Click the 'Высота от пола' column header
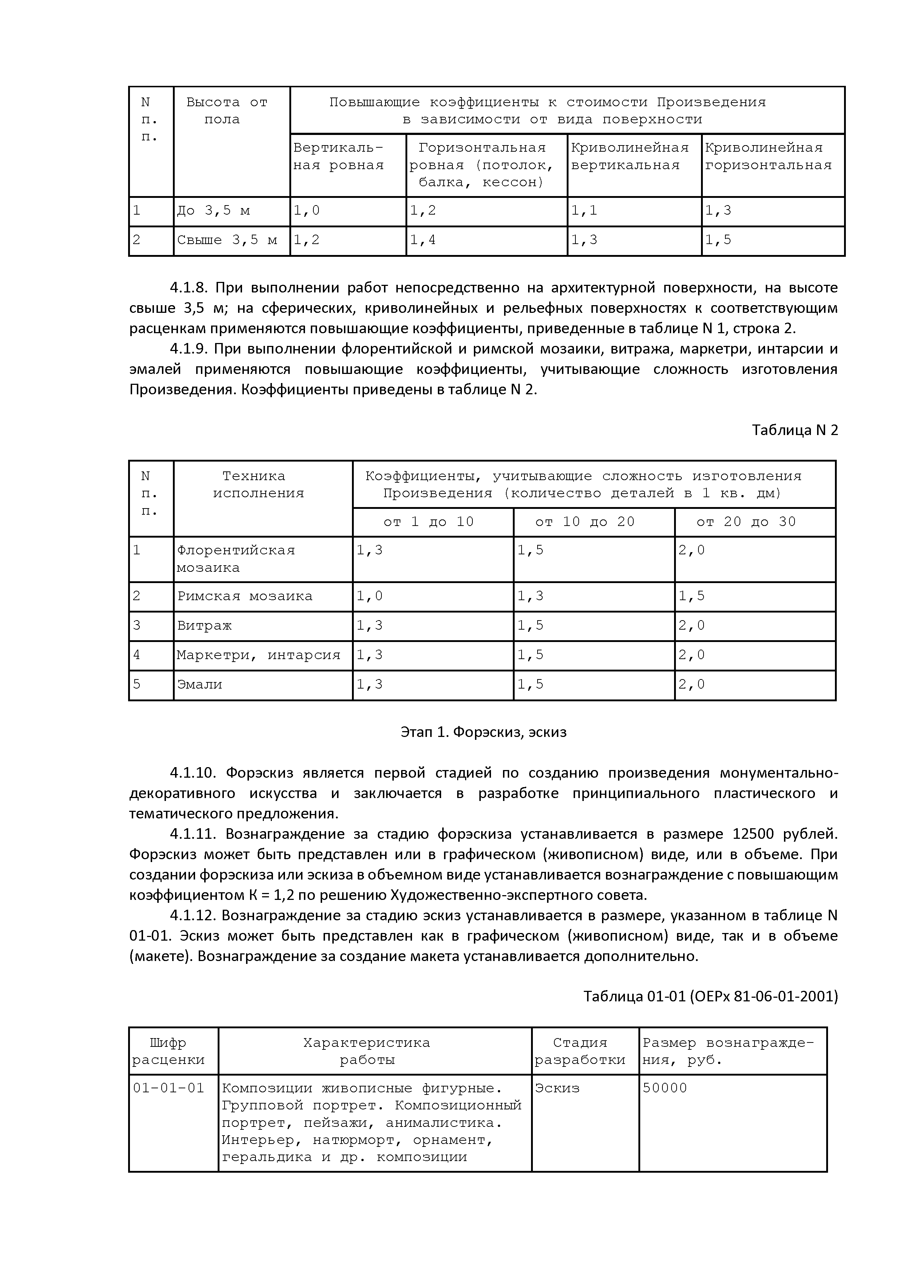(227, 111)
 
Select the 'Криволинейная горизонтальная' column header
(768, 157)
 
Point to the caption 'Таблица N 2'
(795, 430)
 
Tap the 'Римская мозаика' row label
(245, 596)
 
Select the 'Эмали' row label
(199, 685)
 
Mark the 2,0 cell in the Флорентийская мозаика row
(691, 550)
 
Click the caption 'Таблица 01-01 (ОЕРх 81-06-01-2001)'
(710, 996)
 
